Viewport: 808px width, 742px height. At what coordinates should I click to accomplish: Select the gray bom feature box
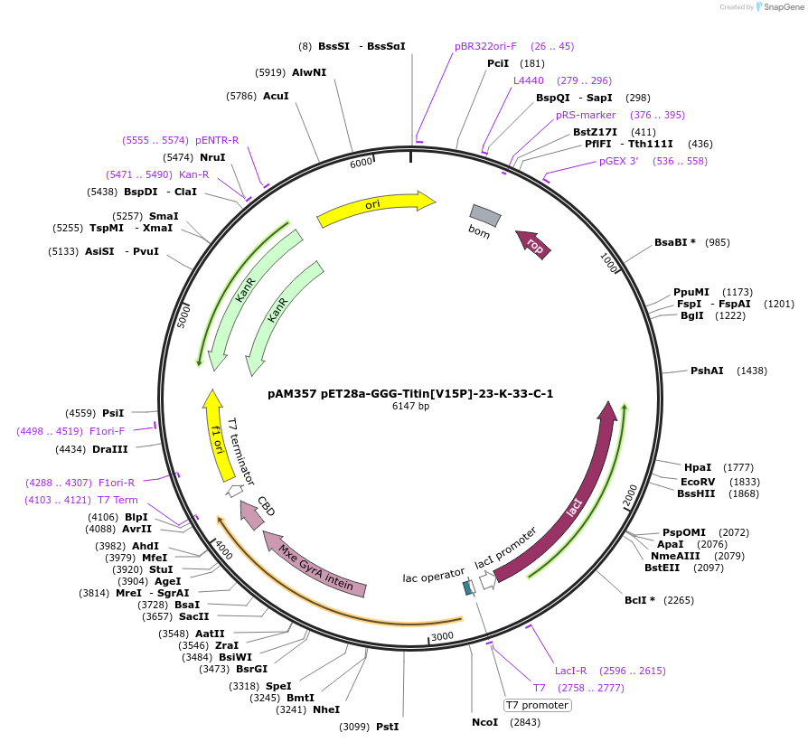[485, 215]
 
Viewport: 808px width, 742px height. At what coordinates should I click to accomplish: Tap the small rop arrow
[533, 245]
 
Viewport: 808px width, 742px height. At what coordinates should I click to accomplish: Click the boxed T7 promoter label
[537, 705]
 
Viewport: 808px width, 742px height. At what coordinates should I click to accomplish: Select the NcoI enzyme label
[485, 722]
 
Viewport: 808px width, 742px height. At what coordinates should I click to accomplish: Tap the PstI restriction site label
[387, 727]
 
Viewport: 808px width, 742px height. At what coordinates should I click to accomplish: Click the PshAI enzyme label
[707, 371]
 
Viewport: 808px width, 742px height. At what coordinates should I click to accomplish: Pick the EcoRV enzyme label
[697, 482]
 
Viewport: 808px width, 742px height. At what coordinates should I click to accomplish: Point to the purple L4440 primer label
[529, 80]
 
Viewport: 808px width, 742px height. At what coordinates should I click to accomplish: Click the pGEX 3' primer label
[619, 161]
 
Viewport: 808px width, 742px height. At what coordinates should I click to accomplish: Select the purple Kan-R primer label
[194, 174]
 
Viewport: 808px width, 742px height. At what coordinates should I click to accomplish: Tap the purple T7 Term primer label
[117, 500]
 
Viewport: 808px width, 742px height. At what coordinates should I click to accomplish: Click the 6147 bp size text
[410, 407]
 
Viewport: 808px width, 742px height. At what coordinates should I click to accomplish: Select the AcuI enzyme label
[276, 95]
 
